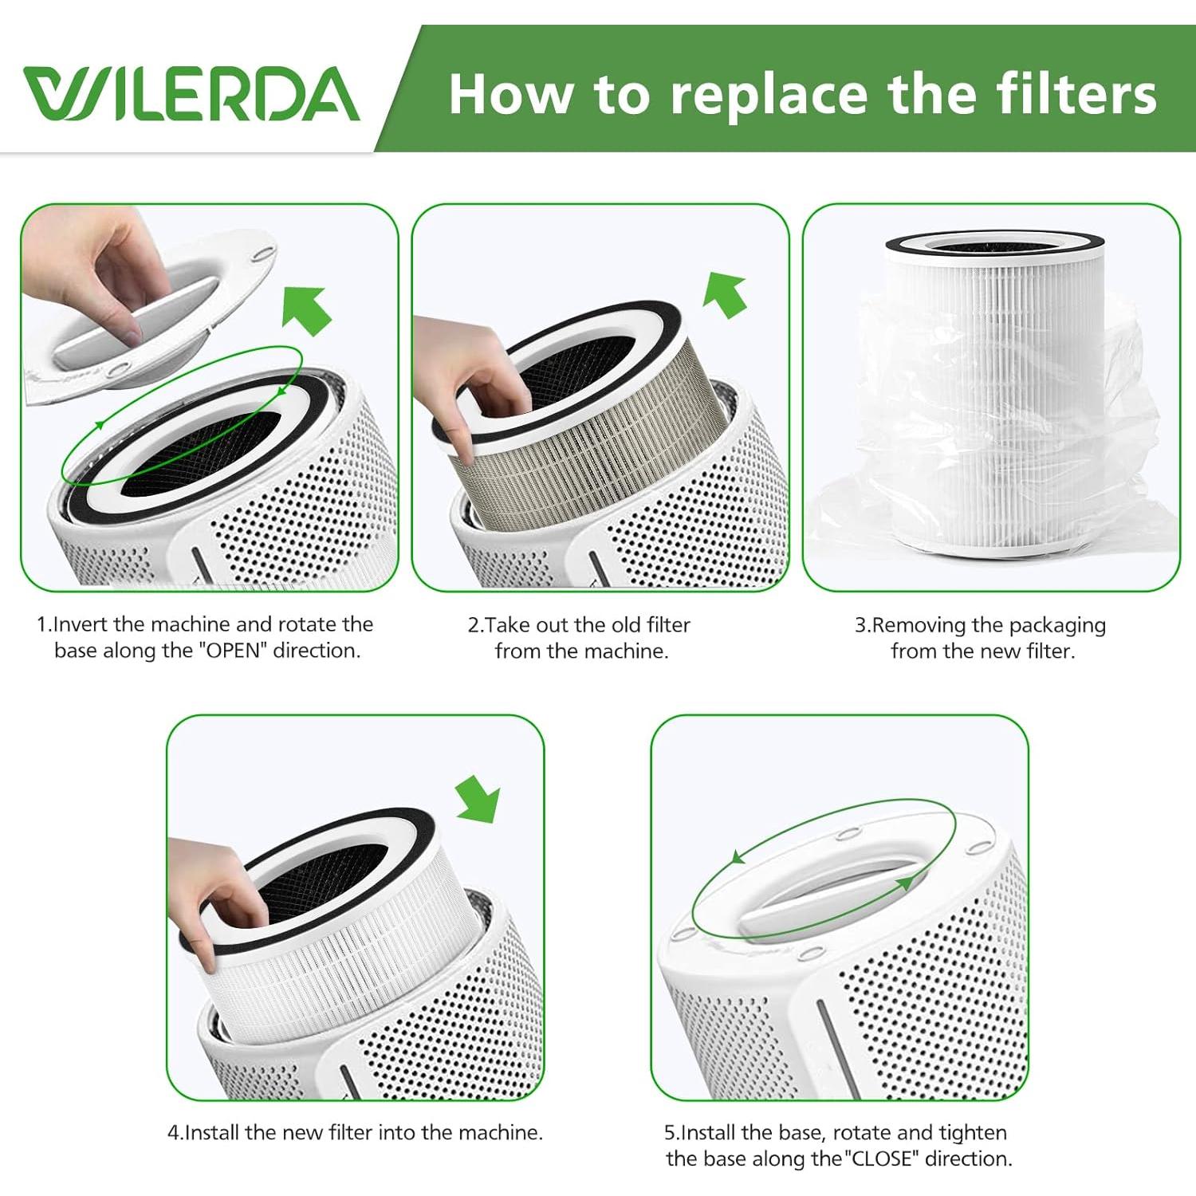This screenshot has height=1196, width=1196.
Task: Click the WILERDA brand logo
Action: (x=191, y=94)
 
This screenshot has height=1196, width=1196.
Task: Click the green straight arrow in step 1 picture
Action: (x=307, y=309)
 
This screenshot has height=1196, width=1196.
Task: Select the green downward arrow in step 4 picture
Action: (x=478, y=800)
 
